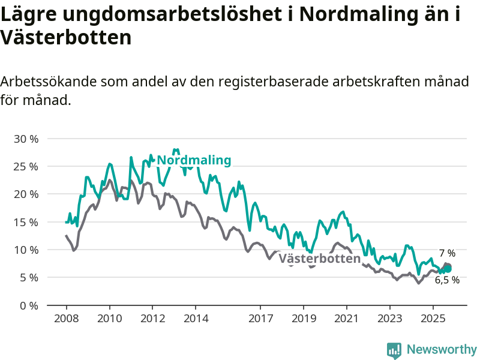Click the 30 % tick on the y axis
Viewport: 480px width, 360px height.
(x=26, y=139)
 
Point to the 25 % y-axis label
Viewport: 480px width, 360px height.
(x=26, y=166)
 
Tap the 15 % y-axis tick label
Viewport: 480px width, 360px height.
(x=26, y=222)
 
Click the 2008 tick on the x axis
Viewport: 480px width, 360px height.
(x=66, y=317)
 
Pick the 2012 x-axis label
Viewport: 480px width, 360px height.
(x=152, y=317)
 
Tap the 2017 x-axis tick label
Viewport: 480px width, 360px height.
(x=260, y=317)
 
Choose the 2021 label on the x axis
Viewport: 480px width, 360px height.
(x=347, y=317)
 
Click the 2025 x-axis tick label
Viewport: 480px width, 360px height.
(x=433, y=317)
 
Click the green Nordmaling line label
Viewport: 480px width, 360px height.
(x=194, y=160)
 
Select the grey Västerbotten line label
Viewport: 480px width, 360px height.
(x=319, y=259)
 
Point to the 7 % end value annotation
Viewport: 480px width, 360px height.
(x=447, y=253)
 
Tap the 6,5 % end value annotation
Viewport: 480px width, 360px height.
(x=448, y=280)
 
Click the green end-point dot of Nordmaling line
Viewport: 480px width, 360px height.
(x=448, y=268)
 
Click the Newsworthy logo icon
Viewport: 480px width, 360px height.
(x=394, y=350)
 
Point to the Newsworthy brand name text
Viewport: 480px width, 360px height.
(x=442, y=349)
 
